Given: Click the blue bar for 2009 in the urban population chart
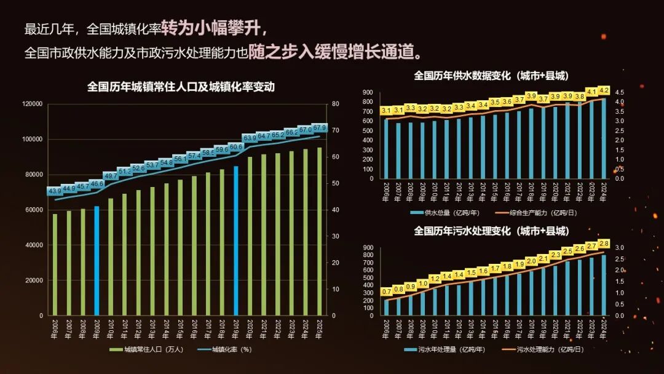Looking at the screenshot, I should pos(97,261).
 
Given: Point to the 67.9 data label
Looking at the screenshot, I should pos(320,128).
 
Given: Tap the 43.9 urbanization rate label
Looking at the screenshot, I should pos(54,191).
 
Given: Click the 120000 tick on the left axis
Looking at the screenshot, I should pos(33,104).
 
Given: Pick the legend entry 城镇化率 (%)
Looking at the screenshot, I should pos(224,350).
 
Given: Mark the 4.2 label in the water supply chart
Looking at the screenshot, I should pos(603,90).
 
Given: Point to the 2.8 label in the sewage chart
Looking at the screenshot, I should pos(603,244).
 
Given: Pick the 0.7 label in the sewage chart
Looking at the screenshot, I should pos(387,292).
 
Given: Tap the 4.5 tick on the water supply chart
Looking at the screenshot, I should pos(619,92).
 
